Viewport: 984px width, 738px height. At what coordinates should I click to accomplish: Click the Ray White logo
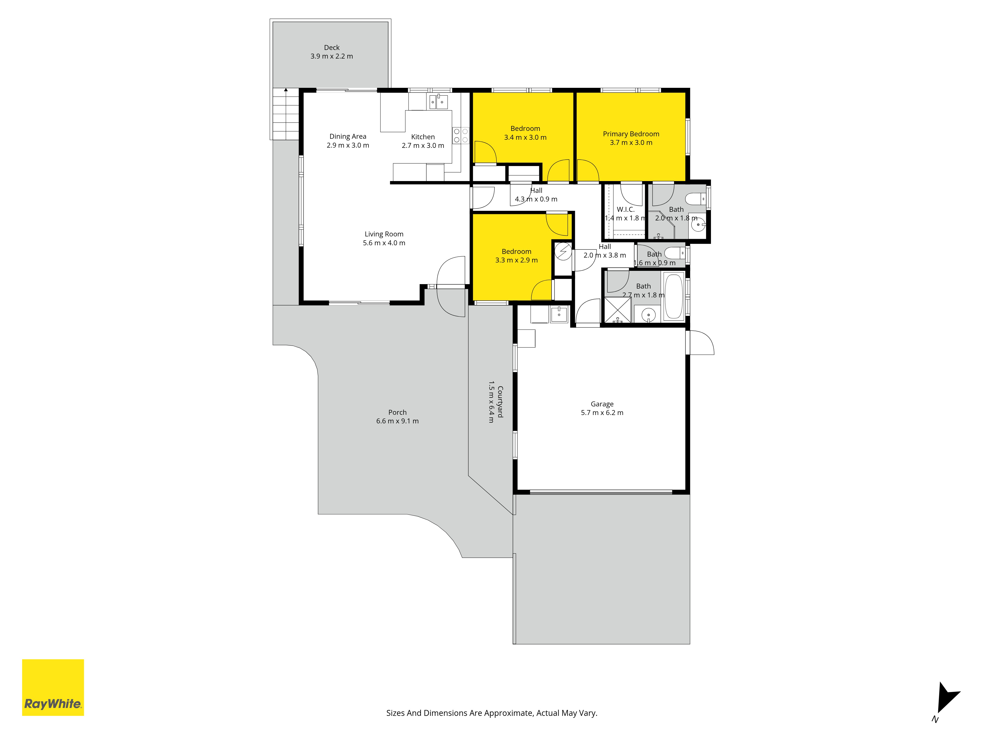click(53, 687)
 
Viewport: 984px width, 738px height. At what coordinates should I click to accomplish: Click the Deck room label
click(332, 47)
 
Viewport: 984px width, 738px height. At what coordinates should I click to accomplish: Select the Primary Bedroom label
click(631, 134)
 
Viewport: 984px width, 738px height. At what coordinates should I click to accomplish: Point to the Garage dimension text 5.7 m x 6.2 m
click(602, 413)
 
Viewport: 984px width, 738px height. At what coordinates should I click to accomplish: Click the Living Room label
click(384, 234)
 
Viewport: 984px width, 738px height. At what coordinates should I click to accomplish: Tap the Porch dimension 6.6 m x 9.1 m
click(397, 421)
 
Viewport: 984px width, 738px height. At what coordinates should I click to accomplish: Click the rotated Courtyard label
click(500, 402)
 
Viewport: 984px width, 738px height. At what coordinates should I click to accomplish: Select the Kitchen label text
click(423, 137)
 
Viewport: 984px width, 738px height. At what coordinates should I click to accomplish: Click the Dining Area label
click(348, 137)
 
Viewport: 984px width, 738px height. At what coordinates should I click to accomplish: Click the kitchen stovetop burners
click(461, 136)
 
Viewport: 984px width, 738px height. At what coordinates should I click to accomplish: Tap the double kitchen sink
click(438, 102)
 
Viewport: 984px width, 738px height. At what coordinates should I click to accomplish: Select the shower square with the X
click(617, 310)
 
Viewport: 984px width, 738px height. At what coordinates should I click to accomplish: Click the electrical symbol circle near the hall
click(563, 252)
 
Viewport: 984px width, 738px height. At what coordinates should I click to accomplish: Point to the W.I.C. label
click(625, 210)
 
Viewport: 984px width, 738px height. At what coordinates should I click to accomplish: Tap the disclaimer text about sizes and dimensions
click(492, 713)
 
